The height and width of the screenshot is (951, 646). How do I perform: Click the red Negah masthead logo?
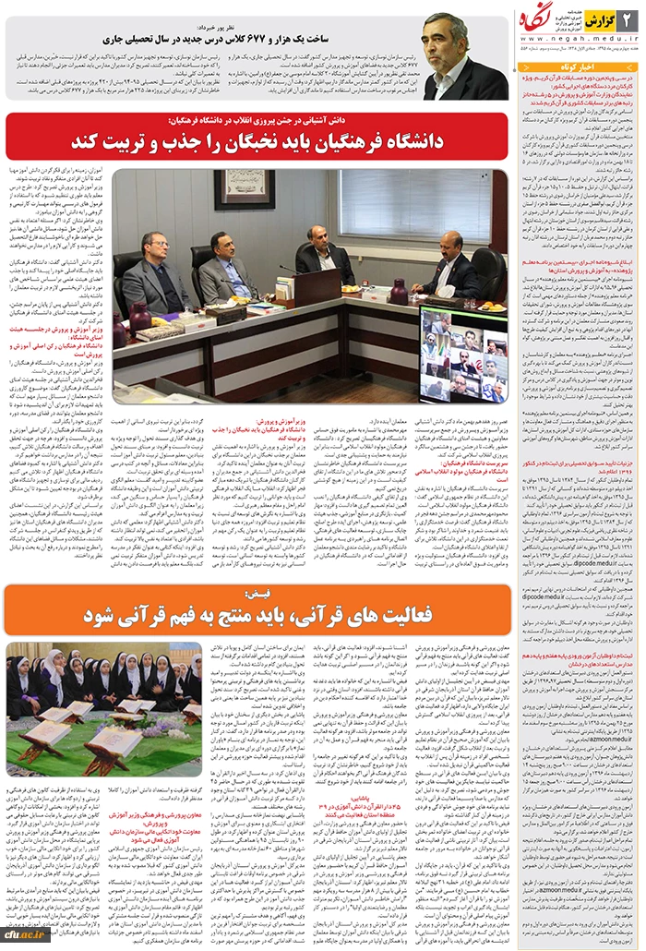click(x=601, y=19)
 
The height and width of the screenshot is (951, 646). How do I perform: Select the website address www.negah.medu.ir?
click(x=580, y=40)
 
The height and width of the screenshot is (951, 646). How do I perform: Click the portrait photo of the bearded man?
click(x=465, y=56)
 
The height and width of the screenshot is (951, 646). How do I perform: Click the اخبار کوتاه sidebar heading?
click(x=579, y=67)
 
